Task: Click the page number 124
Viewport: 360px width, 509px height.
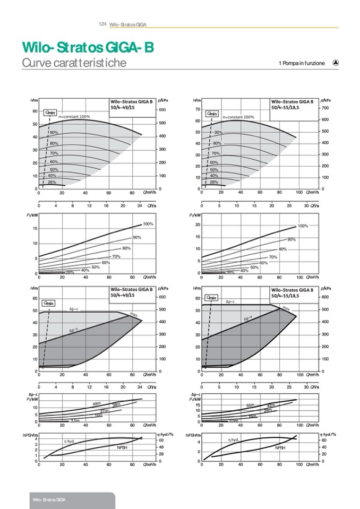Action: pos(103,24)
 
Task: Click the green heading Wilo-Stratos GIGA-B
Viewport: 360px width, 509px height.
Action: pos(88,48)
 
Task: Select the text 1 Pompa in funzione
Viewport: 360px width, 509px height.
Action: pos(301,64)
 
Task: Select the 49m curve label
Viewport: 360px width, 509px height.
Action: pos(97,404)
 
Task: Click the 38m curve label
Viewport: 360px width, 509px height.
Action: pos(116,405)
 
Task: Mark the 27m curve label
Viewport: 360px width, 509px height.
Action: pos(104,411)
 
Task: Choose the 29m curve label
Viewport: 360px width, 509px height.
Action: pos(268,410)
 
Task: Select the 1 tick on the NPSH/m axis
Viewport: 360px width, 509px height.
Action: pos(36,455)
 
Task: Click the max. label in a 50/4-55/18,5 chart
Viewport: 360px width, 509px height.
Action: pos(286,308)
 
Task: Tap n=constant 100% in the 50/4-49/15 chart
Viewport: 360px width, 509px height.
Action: pos(74,116)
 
